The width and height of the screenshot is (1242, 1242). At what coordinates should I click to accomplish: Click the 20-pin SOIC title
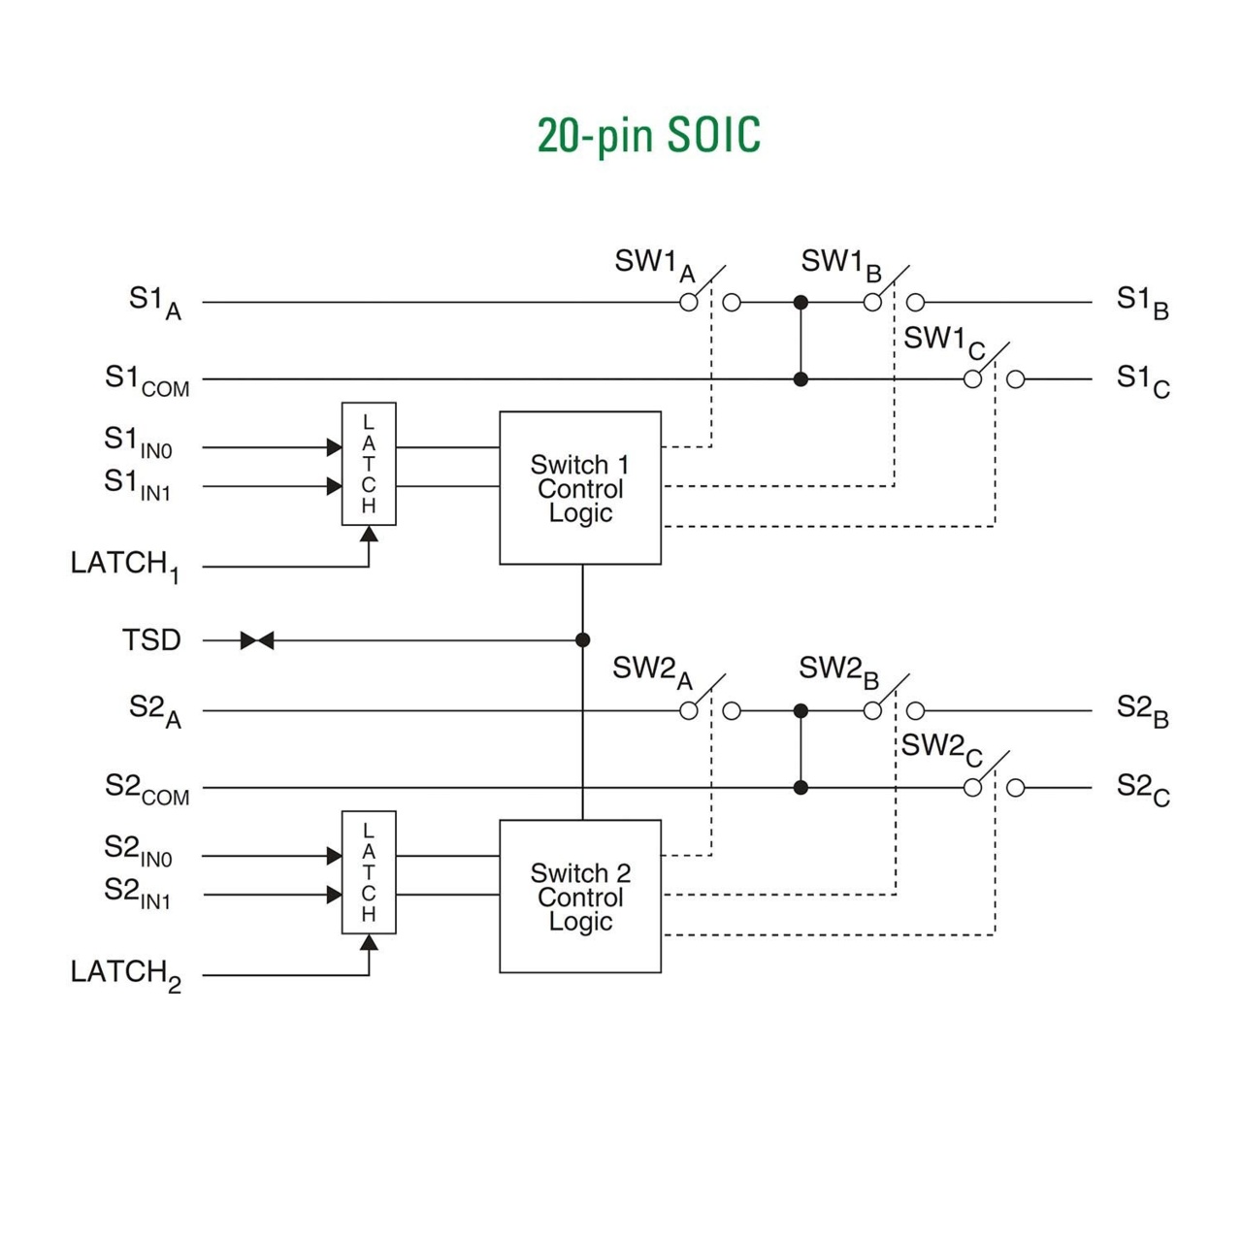point(648,135)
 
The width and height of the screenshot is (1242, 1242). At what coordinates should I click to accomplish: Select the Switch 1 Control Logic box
point(580,488)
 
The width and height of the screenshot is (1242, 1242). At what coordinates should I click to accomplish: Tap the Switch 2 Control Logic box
point(580,897)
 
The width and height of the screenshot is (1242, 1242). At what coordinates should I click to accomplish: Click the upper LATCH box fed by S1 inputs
point(369,464)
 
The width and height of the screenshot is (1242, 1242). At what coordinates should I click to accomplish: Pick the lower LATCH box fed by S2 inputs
point(369,872)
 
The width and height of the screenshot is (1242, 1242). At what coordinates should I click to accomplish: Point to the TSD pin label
point(151,640)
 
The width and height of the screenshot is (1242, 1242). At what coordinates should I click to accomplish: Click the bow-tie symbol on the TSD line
point(257,640)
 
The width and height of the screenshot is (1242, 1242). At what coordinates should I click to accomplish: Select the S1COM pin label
point(147,380)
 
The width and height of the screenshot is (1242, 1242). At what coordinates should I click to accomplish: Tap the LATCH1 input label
point(124,565)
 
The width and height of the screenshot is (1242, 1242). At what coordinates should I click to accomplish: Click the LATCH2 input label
point(124,973)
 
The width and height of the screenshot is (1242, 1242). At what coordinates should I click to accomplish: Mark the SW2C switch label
point(941,748)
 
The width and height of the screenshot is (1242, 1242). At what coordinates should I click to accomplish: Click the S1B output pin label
point(1142,302)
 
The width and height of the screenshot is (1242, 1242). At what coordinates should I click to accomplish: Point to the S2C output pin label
point(1143,788)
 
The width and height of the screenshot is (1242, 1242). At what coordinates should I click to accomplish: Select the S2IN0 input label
point(138,851)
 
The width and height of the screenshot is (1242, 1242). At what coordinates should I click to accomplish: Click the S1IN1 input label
point(138,484)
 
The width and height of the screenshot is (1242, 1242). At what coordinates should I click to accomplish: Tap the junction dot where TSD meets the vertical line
point(582,640)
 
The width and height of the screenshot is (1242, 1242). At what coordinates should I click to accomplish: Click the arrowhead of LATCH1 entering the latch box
point(369,534)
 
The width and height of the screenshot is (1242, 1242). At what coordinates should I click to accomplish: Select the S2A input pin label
point(155,710)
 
